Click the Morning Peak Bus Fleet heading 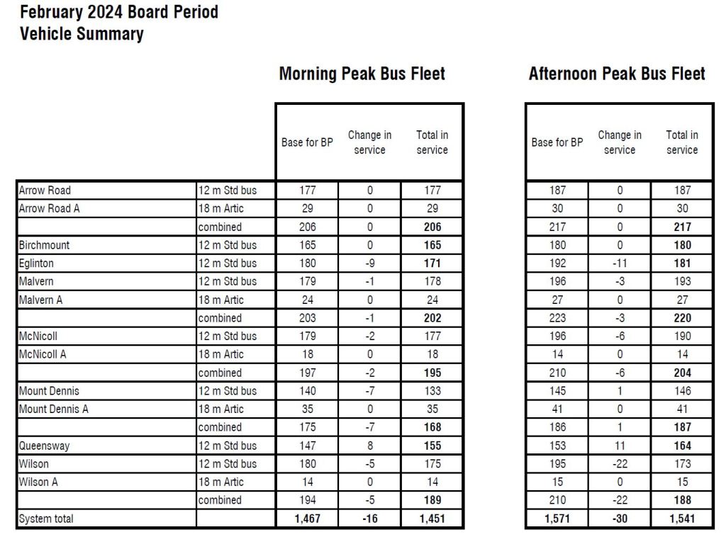(x=362, y=74)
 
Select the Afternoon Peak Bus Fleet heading (x=617, y=74)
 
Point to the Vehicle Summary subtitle (x=82, y=33)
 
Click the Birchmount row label (x=44, y=245)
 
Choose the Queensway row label (x=44, y=446)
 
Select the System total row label (x=46, y=519)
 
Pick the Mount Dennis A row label (x=54, y=409)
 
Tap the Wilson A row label (x=38, y=482)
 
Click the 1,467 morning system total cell (x=306, y=519)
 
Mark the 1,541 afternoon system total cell (x=681, y=519)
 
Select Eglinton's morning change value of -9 (x=369, y=264)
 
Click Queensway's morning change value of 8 (x=369, y=446)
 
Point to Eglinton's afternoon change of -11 (x=619, y=264)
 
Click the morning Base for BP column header (x=307, y=142)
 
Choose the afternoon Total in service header (x=681, y=142)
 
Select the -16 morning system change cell (x=369, y=519)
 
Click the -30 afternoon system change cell (x=619, y=519)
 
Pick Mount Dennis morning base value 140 (x=306, y=391)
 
